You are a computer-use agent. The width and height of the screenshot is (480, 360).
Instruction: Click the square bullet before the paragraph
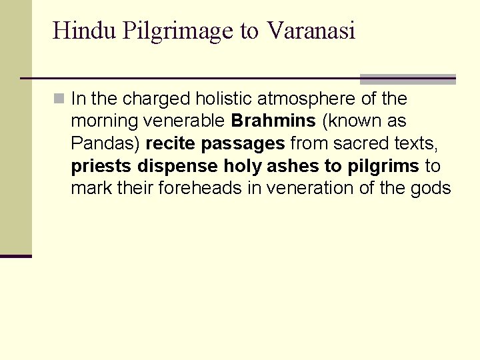click(59, 99)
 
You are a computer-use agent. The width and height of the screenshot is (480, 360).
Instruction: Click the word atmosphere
click(313, 100)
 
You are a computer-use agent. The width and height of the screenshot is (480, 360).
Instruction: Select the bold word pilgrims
click(383, 167)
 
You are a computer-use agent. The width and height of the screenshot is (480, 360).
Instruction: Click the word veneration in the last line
click(310, 189)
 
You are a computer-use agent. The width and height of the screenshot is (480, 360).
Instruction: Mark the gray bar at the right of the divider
click(407, 79)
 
